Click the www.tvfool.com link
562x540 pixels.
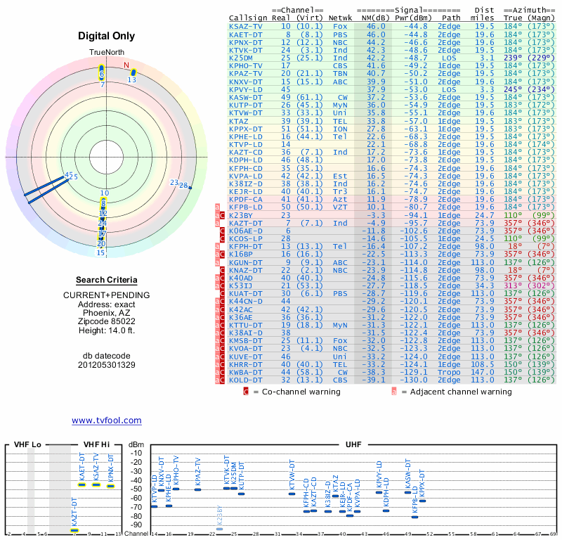pyautogui.click(x=107, y=420)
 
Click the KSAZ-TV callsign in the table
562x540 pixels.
pyautogui.click(x=246, y=26)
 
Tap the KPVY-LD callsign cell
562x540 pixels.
pyautogui.click(x=246, y=89)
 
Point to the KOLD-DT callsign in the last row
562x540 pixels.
pyautogui.click(x=246, y=380)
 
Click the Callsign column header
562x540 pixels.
pyautogui.click(x=248, y=17)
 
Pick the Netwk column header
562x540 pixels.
pyautogui.click(x=341, y=17)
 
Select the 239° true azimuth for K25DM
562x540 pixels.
pyautogui.click(x=514, y=58)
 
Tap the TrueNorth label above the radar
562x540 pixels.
pyautogui.click(x=106, y=53)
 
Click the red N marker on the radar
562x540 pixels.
pyautogui.click(x=126, y=67)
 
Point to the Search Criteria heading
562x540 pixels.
pyautogui.click(x=106, y=281)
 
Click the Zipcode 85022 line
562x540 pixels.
pyautogui.click(x=106, y=321)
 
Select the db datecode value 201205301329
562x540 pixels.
pyautogui.click(x=106, y=365)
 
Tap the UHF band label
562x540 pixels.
pyautogui.click(x=354, y=445)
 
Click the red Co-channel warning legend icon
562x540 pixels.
pyautogui.click(x=246, y=392)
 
